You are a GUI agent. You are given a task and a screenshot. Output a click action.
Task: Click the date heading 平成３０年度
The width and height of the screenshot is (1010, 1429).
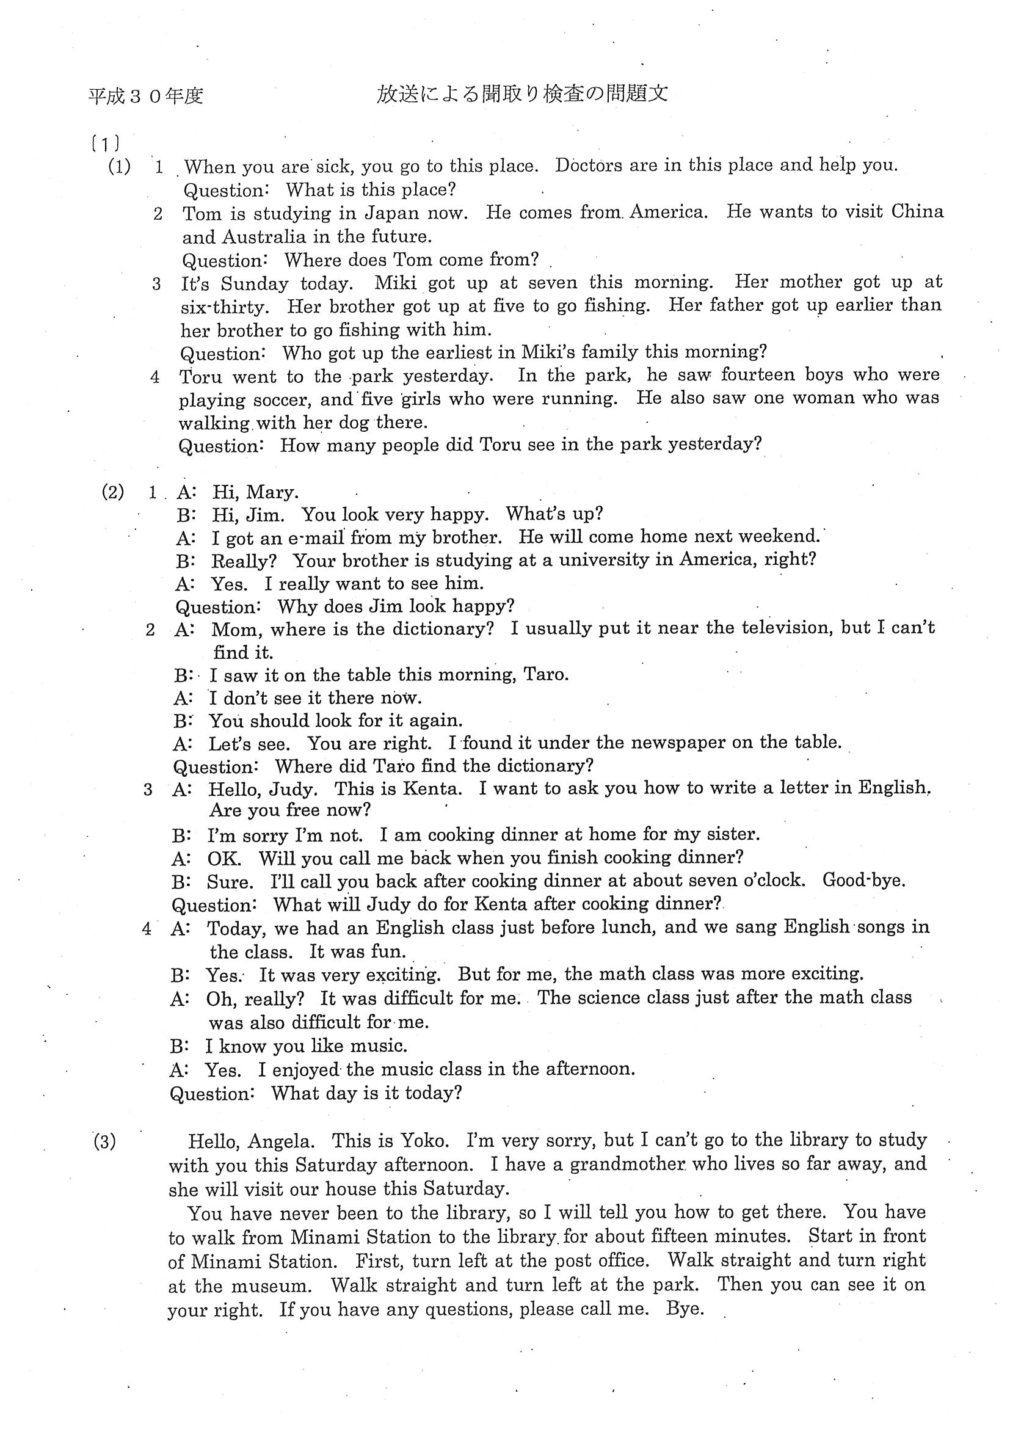(145, 96)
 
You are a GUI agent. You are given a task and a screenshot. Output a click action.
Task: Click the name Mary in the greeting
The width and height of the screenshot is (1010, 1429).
(272, 492)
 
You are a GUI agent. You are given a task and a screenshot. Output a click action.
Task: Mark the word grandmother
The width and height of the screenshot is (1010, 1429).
(627, 1165)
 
